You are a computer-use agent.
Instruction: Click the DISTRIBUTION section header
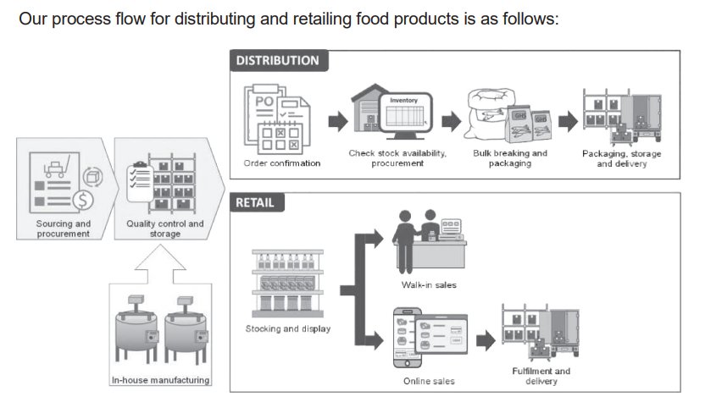pos(278,61)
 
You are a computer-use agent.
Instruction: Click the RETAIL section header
pos(255,203)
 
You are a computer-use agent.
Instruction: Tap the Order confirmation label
pos(281,163)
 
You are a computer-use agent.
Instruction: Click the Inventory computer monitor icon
pos(404,117)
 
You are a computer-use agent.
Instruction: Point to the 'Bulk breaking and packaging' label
pos(510,158)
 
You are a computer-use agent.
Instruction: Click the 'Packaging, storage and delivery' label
pos(622,158)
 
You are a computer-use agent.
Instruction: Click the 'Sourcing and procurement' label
pos(64,229)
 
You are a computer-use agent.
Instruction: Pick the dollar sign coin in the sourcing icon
pos(83,200)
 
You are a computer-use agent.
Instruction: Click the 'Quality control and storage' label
pos(165,229)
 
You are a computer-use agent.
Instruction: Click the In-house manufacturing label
pos(161,380)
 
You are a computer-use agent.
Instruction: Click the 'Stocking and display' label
pos(288,328)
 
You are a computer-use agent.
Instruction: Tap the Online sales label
pos(429,381)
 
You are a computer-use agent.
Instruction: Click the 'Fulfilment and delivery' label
pos(541,376)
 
